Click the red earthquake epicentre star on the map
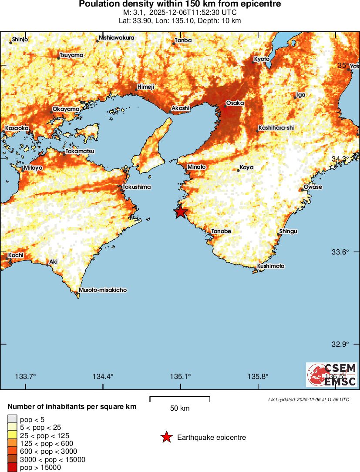coord(180,212)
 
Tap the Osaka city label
coord(235,103)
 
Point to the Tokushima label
coord(137,187)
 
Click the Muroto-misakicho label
coord(103,290)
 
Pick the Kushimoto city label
coord(271,266)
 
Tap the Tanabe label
coord(221,231)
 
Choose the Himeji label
coord(146,87)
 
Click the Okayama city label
coord(66,109)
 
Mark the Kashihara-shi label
coord(276,128)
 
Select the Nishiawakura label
coord(117,38)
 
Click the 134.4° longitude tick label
coord(104,376)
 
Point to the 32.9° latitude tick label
coord(340,344)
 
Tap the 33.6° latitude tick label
coord(340,252)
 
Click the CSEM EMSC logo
coord(331,375)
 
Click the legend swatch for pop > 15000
coord(12,468)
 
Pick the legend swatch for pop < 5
coord(12,419)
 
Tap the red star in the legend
coord(166,438)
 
